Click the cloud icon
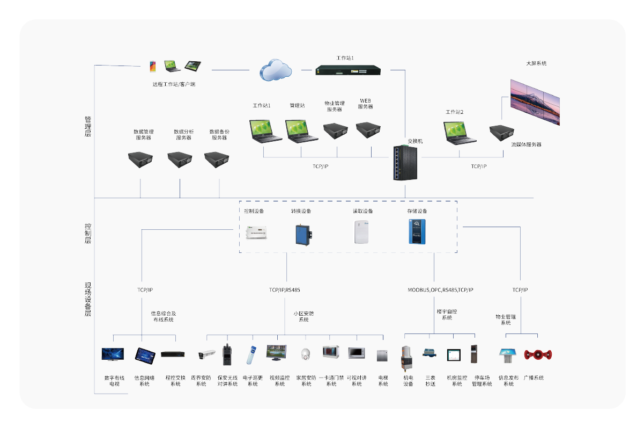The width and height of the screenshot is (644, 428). tap(276, 70)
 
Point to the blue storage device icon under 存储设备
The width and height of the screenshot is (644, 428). tap(417, 232)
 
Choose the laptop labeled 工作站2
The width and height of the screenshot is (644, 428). tap(460, 134)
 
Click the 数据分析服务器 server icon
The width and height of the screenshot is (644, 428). tap(180, 159)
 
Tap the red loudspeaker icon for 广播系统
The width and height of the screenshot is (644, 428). tap(537, 354)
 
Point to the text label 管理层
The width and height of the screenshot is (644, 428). tap(88, 126)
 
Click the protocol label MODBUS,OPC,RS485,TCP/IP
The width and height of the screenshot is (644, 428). tap(440, 290)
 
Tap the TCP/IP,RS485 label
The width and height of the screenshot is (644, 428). tap(285, 290)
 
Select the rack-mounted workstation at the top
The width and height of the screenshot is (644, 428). tap(349, 70)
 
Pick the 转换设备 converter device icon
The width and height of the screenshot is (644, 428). tap(302, 235)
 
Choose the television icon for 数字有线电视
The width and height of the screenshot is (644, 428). tap(113, 354)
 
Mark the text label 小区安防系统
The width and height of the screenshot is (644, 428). tap(304, 316)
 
